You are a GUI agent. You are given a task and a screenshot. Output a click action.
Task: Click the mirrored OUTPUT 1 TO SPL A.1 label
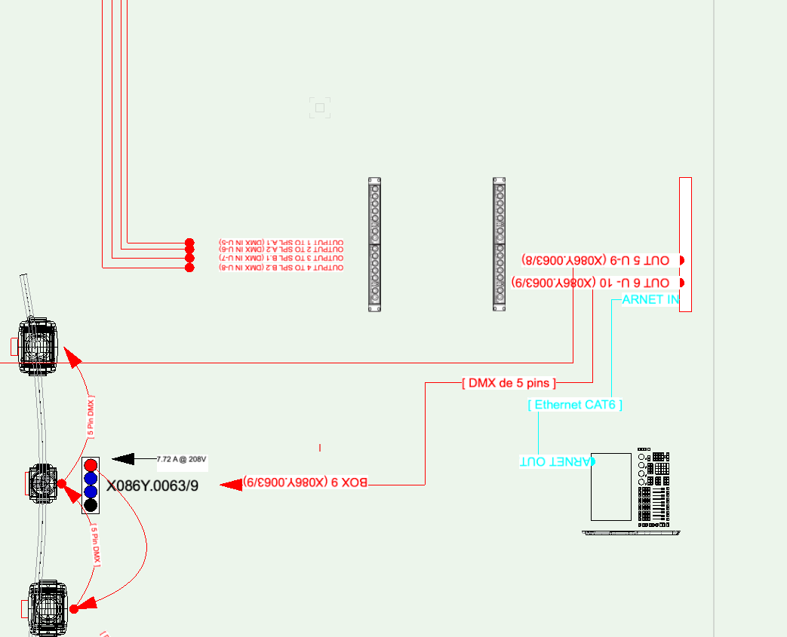[x=281, y=242]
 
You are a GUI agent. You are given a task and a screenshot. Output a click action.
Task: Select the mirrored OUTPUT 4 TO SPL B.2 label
[x=281, y=268]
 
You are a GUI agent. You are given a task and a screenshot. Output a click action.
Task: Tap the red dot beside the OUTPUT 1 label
[x=189, y=243]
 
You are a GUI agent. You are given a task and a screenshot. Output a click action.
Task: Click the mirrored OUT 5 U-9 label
[x=595, y=260]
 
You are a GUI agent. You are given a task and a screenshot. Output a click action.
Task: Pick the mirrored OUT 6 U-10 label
[x=590, y=283]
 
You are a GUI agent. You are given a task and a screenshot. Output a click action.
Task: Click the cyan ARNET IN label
[x=650, y=300]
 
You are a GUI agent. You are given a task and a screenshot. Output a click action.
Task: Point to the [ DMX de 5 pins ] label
[x=509, y=383]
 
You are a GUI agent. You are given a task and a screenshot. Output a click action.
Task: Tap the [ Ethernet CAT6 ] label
[x=576, y=405]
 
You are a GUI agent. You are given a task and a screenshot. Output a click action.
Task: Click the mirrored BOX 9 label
[x=306, y=482]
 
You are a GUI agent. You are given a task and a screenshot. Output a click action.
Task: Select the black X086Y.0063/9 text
[x=152, y=486]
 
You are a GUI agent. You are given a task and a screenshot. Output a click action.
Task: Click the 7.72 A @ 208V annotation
[x=181, y=459]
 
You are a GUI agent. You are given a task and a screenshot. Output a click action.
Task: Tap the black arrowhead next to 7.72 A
[x=123, y=458]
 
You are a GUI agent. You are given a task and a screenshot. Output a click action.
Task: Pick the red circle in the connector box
[x=91, y=464]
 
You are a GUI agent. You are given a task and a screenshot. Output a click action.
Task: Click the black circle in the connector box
[x=91, y=505]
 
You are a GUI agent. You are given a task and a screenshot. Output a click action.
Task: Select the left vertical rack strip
[x=375, y=244]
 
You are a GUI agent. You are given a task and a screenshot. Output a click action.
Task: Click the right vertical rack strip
[x=500, y=244]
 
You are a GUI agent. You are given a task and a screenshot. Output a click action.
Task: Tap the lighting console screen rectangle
[x=610, y=486]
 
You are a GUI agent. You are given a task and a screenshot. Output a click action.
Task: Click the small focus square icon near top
[x=320, y=108]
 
